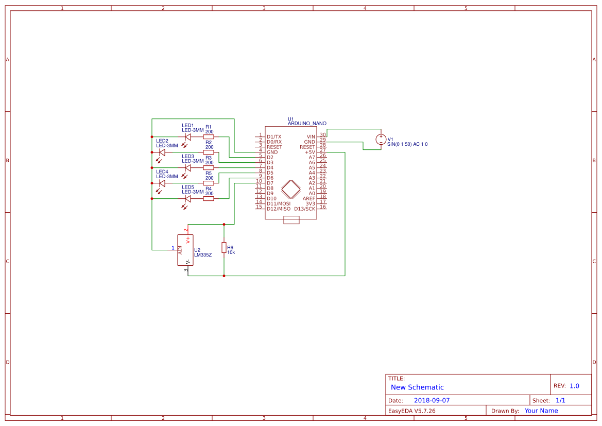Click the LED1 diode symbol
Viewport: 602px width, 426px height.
[188, 137]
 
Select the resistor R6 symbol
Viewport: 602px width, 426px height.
[224, 248]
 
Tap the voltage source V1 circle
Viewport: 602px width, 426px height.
[381, 139]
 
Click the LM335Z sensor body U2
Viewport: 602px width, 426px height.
[183, 250]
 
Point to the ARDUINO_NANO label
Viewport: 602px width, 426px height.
[307, 124]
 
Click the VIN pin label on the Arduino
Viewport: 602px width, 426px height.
[311, 137]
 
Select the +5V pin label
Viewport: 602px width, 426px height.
[309, 152]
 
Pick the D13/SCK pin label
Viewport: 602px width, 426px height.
[304, 209]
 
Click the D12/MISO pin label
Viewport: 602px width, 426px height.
[279, 209]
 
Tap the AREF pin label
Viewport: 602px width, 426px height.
[308, 198]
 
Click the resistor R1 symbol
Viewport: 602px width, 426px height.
[209, 137]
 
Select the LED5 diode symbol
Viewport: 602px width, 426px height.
[188, 198]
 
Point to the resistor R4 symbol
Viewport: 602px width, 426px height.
[209, 198]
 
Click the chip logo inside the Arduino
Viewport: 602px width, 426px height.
[291, 189]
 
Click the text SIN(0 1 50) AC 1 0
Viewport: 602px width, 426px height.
[407, 144]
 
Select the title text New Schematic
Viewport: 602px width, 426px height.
[417, 387]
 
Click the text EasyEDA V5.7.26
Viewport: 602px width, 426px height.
[411, 411]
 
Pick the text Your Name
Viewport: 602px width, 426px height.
[541, 411]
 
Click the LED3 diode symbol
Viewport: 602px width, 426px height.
[188, 167]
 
